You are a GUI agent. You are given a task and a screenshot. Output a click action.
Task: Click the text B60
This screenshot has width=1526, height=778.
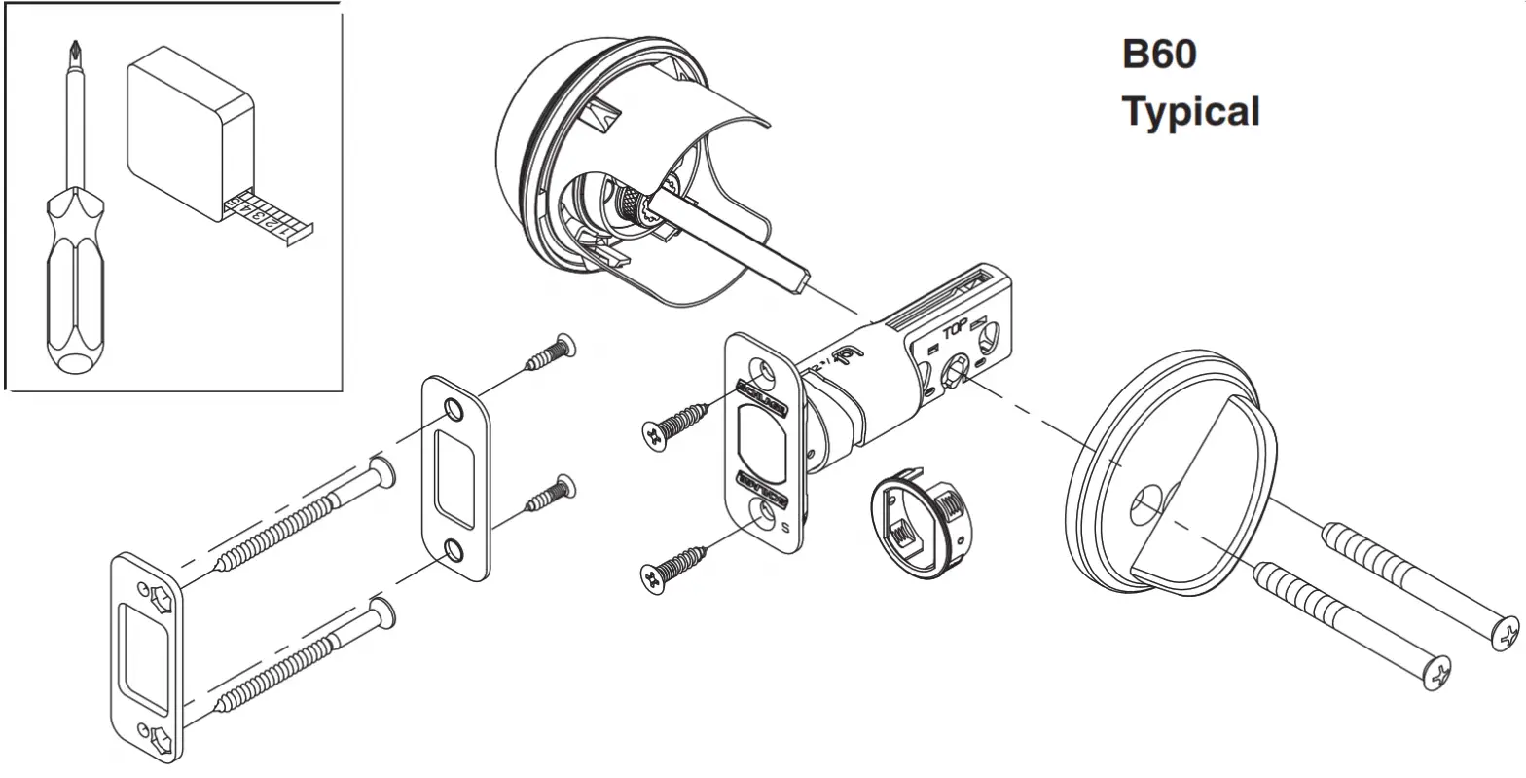pos(1159,55)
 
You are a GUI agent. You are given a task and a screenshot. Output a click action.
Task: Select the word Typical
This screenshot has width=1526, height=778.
pos(1190,112)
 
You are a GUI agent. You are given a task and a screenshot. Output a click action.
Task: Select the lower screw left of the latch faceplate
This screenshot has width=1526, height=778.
pos(674,567)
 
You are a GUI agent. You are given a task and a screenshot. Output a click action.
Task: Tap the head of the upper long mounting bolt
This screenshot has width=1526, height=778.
pos(1505,634)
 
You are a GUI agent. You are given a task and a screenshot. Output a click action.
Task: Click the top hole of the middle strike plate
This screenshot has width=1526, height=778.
pos(454,409)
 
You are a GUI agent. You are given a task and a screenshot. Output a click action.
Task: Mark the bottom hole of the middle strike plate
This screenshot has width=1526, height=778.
pos(454,552)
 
